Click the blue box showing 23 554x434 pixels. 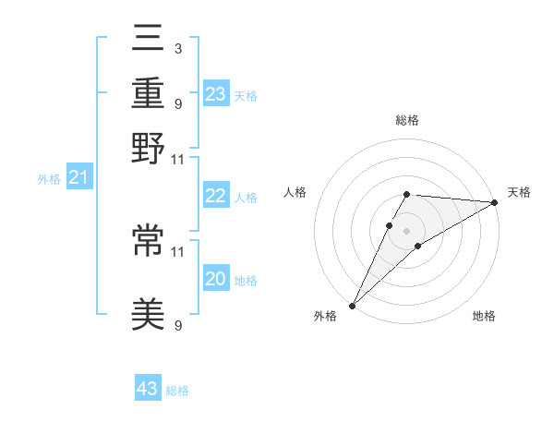(216, 93)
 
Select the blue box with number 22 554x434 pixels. (216, 196)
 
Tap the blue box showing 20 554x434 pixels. (216, 279)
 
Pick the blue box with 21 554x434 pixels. (78, 177)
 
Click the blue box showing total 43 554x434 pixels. (148, 389)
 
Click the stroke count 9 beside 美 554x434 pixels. (177, 325)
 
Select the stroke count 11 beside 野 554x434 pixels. (177, 158)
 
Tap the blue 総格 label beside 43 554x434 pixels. (177, 391)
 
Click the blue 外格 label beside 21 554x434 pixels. (49, 179)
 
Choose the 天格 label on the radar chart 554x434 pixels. (519, 192)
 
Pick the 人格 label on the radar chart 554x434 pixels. (295, 192)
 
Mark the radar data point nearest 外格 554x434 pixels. (353, 305)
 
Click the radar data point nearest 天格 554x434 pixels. (495, 202)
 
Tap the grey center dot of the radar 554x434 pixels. (407, 230)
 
